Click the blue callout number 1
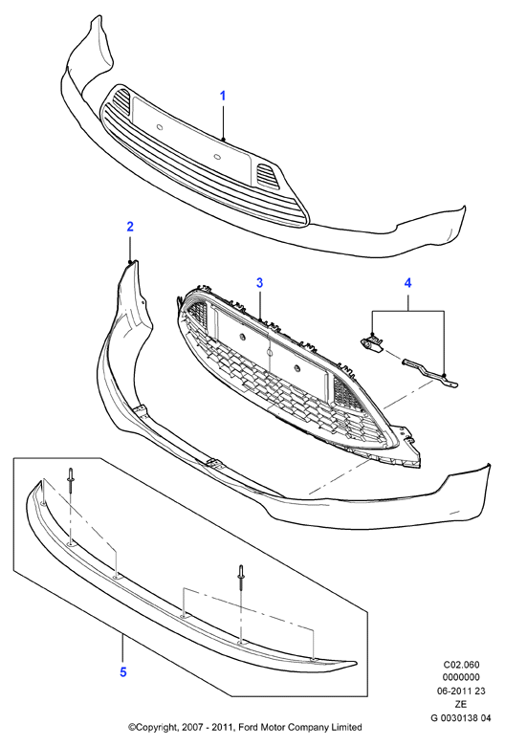(222, 96)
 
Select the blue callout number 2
(130, 227)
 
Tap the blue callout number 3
(259, 282)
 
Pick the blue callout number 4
(407, 282)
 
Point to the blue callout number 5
(123, 671)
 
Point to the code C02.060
(461, 664)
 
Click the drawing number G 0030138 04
(460, 717)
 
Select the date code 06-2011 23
(461, 691)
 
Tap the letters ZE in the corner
(461, 704)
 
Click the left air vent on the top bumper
(121, 99)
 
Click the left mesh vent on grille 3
(196, 316)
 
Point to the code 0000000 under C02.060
(461, 677)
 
